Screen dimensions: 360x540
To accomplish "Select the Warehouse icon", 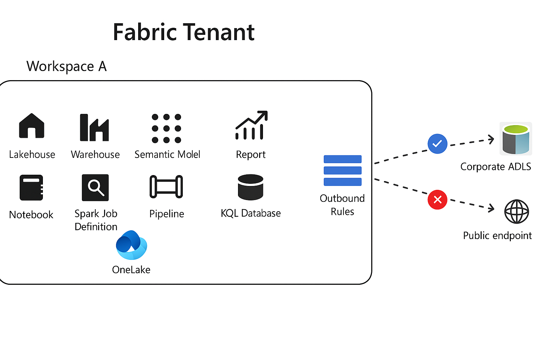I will [94, 127].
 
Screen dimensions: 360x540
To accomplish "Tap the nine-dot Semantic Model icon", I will [166, 128].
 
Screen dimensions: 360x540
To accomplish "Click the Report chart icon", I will [251, 126].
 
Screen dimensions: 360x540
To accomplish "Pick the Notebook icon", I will [31, 187].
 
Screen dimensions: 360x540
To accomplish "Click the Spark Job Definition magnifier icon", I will [95, 187].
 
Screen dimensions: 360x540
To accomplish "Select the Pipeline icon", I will [166, 187].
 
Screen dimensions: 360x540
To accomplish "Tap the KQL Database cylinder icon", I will [250, 187].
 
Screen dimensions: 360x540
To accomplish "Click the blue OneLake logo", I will [131, 245].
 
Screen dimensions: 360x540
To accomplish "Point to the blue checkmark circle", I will [437, 144].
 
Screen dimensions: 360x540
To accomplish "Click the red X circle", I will [437, 200].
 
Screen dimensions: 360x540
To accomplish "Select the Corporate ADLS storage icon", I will [516, 139].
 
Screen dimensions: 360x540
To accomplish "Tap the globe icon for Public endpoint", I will [516, 212].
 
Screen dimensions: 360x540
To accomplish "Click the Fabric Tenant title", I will [184, 32].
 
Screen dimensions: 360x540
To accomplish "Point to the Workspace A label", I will [66, 66].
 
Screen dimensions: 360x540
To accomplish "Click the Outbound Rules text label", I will [342, 205].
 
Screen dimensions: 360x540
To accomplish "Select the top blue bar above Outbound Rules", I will [342, 159].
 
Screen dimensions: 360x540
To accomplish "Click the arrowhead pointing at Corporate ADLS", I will [491, 140].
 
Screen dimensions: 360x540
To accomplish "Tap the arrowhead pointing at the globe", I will [491, 208].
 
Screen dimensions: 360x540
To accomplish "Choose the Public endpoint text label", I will [497, 236].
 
